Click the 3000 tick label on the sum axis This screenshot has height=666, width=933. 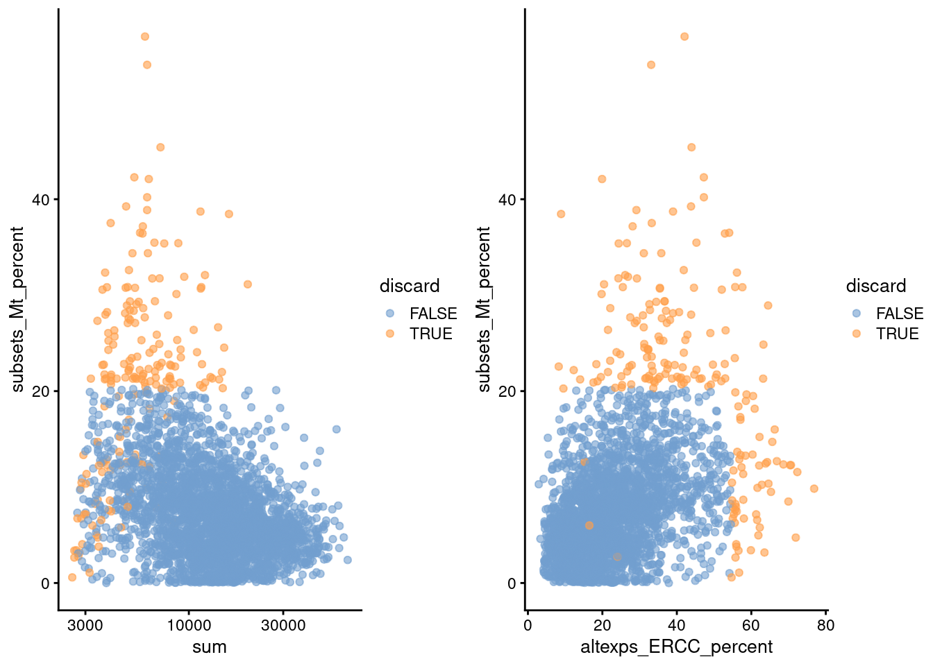point(85,625)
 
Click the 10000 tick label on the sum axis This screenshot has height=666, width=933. point(189,625)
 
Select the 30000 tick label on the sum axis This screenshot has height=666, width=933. point(283,625)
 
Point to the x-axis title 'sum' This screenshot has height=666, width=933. point(209,647)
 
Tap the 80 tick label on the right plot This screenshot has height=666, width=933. point(825,625)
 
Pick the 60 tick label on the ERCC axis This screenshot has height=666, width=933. point(751,625)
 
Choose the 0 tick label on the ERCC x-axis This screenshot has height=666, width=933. point(528,625)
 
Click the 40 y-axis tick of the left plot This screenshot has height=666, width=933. point(41,200)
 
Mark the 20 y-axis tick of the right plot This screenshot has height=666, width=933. point(507,391)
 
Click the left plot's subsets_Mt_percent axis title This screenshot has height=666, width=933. point(17,309)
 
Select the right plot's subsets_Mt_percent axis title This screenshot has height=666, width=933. point(484,309)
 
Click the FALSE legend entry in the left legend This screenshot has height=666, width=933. point(432,314)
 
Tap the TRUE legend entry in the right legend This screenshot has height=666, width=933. point(897,334)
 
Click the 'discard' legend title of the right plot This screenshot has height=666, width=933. point(875,286)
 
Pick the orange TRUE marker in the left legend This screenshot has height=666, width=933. point(390,334)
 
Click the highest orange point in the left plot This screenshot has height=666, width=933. point(145,37)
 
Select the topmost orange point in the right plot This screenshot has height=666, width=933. point(684,37)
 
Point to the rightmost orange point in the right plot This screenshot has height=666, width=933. point(814,489)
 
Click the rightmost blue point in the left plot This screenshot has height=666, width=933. point(347,560)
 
